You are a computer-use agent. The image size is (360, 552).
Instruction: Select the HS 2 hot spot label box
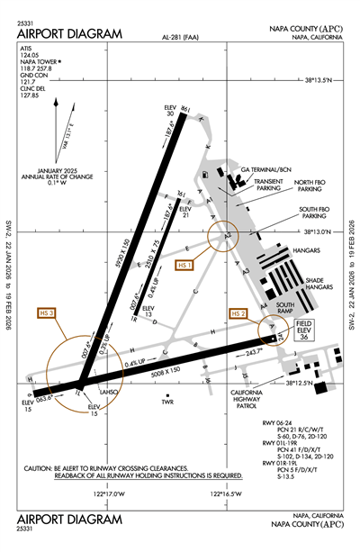tap(238, 313)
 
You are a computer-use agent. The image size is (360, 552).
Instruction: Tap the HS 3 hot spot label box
tap(47, 312)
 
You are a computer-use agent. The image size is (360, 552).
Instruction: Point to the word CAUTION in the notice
tap(38, 469)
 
